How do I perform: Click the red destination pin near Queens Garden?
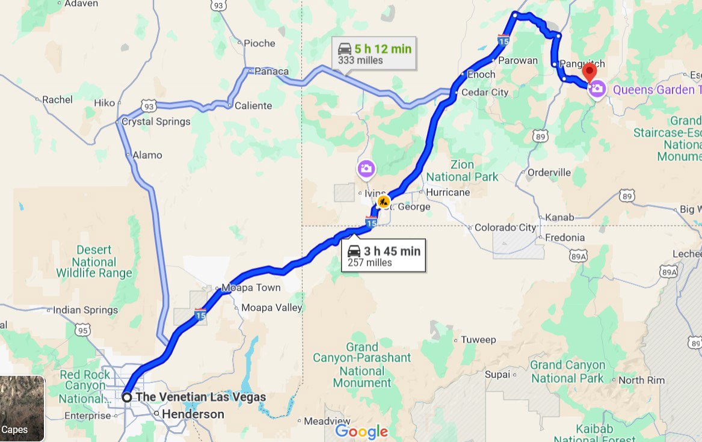[590, 73]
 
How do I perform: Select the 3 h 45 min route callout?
[383, 256]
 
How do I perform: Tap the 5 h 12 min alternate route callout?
[374, 54]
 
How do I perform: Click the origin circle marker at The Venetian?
[127, 397]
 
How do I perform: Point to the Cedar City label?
[484, 93]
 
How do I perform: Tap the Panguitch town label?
[582, 64]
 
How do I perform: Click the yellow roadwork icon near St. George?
[383, 201]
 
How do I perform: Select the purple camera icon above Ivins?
[366, 169]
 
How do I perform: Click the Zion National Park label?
[462, 171]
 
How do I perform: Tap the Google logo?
[361, 431]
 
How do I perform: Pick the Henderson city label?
[192, 414]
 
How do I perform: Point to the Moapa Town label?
[251, 287]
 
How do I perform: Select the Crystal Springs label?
[156, 121]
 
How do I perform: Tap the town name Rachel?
[57, 100]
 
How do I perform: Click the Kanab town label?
[559, 217]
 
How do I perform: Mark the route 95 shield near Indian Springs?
[82, 330]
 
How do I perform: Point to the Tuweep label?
[478, 340]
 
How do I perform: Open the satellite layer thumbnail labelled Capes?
[22, 408]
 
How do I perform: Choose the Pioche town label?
[259, 43]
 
